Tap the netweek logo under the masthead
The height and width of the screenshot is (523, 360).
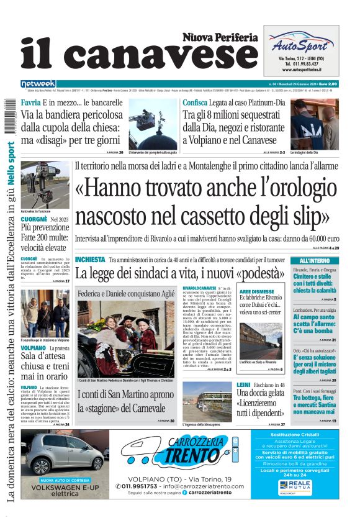click(x=38, y=83)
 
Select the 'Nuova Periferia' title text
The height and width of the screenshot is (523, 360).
click(x=220, y=37)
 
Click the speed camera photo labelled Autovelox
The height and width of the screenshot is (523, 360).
click(x=45, y=186)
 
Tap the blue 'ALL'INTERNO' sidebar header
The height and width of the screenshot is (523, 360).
click(x=315, y=260)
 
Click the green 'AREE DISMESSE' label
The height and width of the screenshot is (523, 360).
click(x=257, y=291)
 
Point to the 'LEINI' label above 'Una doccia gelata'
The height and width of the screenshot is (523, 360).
click(x=243, y=385)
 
